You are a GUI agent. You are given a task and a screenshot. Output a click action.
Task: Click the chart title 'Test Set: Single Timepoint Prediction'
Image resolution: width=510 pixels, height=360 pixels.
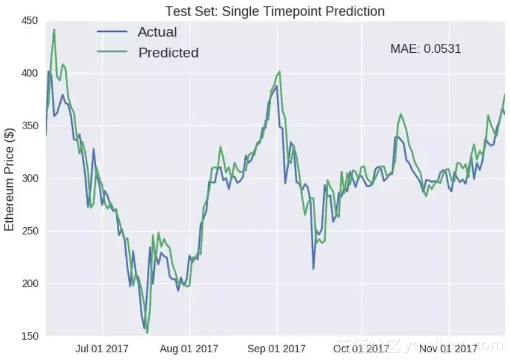(x=275, y=11)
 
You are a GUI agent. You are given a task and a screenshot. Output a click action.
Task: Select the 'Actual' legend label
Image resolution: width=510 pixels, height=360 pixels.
(x=157, y=32)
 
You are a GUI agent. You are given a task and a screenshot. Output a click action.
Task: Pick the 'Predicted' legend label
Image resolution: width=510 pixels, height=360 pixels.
(x=168, y=53)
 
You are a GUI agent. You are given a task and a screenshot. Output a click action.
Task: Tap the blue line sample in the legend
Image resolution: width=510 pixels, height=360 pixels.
(x=112, y=32)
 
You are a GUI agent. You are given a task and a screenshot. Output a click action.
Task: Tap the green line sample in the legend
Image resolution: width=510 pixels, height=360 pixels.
(x=112, y=52)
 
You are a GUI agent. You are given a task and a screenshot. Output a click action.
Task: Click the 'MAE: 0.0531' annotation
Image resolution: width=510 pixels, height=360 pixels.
(x=425, y=49)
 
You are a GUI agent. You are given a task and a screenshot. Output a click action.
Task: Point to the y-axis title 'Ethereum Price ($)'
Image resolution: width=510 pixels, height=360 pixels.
(x=9, y=179)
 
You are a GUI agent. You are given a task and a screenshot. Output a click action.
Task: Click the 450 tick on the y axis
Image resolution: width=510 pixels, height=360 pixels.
(x=29, y=21)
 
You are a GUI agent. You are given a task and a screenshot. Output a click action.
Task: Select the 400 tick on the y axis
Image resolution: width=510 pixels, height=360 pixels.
(x=29, y=74)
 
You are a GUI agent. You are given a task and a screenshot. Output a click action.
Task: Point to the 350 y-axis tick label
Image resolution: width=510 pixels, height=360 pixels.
(x=29, y=126)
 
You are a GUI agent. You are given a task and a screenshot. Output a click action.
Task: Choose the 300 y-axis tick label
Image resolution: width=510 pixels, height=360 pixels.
(x=29, y=179)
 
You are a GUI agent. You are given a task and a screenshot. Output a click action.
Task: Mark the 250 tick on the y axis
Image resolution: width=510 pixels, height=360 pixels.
(x=29, y=231)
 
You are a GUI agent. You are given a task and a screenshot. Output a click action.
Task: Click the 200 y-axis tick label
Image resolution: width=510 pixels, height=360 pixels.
(x=29, y=283)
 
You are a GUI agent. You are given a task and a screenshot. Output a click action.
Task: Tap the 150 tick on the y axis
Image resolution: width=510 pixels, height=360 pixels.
(x=29, y=336)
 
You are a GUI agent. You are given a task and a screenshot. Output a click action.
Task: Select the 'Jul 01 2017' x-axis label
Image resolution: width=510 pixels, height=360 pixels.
(x=103, y=349)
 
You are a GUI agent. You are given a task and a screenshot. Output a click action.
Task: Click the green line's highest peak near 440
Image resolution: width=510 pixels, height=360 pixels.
(x=54, y=30)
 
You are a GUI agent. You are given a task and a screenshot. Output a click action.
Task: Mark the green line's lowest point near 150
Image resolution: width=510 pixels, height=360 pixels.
(x=147, y=333)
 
